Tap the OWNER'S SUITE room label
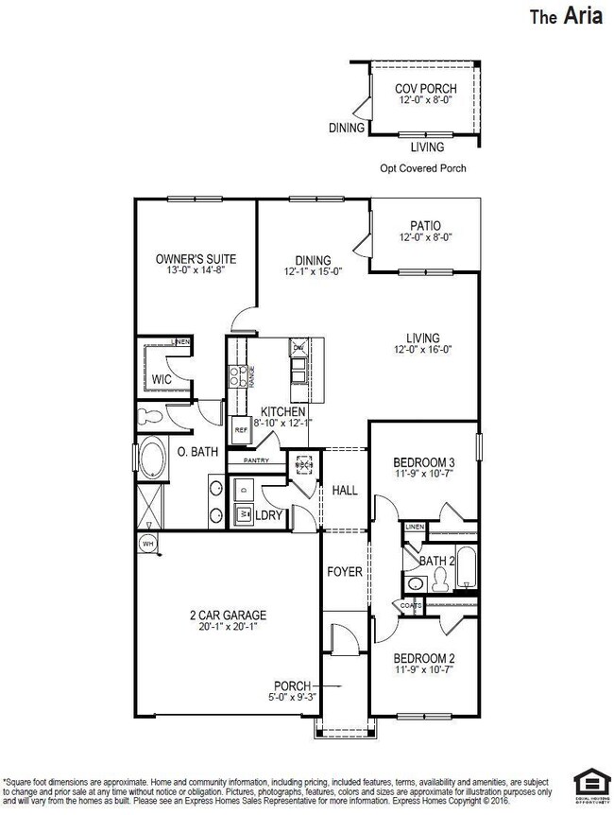(x=196, y=259)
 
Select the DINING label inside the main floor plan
(x=312, y=261)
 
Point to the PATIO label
(x=425, y=226)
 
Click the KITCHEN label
(x=283, y=412)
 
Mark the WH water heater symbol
(x=146, y=545)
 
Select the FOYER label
(x=345, y=572)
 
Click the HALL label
(x=345, y=491)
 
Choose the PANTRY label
(x=256, y=460)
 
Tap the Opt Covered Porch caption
(x=416, y=168)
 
